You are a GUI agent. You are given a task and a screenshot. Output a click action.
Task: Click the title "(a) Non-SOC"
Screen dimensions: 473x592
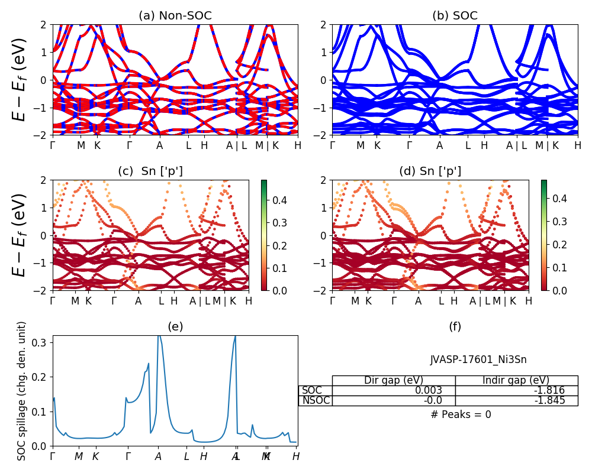coord(175,16)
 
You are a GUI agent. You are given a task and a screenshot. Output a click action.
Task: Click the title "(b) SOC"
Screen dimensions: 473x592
coord(455,16)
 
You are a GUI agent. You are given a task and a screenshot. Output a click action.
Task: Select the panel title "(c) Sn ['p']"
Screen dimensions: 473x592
coord(150,171)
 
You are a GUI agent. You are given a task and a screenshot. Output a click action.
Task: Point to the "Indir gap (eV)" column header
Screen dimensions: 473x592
coord(516,380)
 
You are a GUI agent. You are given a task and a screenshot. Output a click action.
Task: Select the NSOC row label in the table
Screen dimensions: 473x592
coord(316,400)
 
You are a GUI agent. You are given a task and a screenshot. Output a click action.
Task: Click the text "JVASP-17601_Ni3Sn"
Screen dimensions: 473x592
coord(478,359)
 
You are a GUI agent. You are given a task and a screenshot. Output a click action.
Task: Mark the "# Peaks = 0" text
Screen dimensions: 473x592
coord(461,414)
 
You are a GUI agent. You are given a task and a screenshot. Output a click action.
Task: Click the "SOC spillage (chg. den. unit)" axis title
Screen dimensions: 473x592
coord(22,391)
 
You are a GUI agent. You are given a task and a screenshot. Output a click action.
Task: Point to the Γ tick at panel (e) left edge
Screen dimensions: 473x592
coord(53,456)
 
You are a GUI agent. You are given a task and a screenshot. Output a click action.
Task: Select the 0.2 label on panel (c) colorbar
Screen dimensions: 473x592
coord(281,245)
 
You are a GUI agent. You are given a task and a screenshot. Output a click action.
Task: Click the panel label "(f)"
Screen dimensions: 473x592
coord(455,327)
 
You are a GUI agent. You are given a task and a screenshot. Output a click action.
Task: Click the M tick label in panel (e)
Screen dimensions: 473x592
coord(79,456)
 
